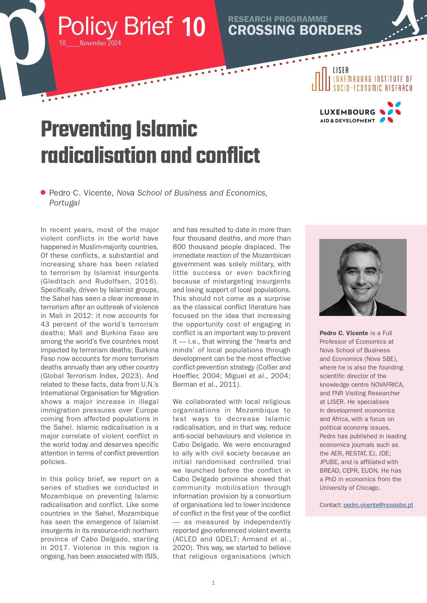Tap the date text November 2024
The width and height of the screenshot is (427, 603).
pos(100,43)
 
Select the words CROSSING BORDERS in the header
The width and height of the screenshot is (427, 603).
pos(295,30)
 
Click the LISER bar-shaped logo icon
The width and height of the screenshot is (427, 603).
pos(321,79)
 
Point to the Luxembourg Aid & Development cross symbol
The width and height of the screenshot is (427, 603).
pos(390,112)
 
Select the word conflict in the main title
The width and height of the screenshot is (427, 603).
pos(228,155)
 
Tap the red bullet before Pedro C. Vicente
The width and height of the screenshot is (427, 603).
pos(43,193)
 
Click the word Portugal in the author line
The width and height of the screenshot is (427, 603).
pos(64,203)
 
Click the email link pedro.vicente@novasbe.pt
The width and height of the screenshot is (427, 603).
pos(378,505)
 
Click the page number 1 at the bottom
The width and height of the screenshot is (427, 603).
pos(213,583)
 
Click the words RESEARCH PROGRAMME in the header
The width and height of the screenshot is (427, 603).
pos(278,19)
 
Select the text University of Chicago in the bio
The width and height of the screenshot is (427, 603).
pos(349,488)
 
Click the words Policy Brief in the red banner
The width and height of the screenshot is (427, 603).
pos(115,26)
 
